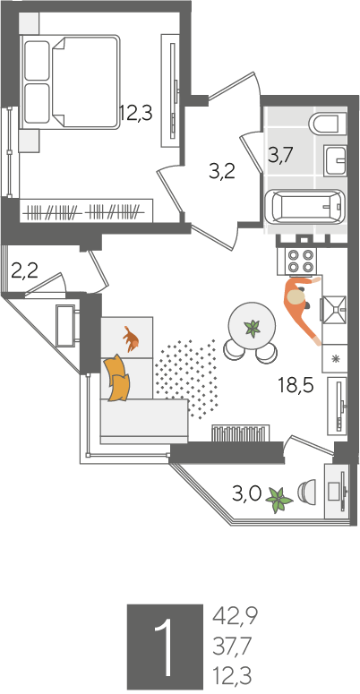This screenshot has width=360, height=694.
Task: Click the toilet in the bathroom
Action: coord(328,123)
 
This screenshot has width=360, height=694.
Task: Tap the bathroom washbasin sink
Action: coord(335,160)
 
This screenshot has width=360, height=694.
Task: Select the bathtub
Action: coord(305,207)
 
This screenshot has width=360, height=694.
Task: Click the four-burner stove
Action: coord(296,261)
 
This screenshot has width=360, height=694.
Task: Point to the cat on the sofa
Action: coord(131,339)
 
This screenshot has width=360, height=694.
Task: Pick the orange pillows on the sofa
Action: coord(117,378)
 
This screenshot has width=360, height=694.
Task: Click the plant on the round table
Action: coord(253,328)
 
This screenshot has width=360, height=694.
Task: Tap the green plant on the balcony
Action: coord(279,500)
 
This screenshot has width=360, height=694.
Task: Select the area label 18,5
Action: coord(296,386)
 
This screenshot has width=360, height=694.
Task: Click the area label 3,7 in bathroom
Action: coord(281,156)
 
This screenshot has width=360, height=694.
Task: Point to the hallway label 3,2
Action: coord(221,172)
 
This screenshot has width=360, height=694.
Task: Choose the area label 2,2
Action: coord(24,270)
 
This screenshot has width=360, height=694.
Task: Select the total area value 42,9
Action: coord(236,616)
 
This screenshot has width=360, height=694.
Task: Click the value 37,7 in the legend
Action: coord(232,647)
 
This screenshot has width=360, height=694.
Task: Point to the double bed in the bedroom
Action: coord(71,82)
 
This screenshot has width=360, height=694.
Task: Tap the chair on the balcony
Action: coord(306,492)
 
